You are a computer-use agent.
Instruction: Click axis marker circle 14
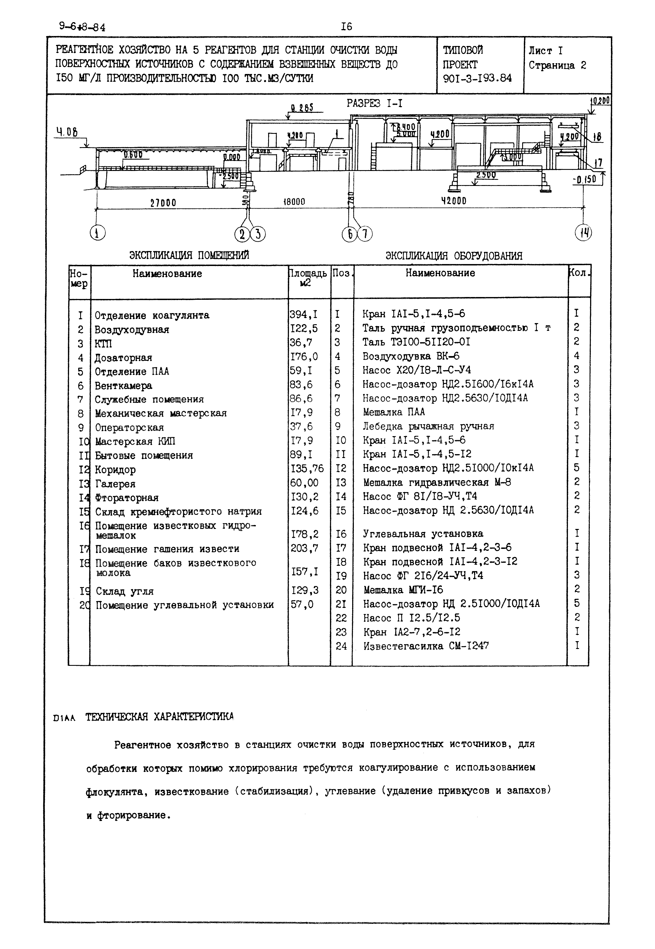(583, 233)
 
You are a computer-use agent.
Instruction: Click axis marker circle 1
(97, 233)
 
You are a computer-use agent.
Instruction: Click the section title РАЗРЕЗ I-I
(374, 103)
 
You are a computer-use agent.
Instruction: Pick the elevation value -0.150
(584, 179)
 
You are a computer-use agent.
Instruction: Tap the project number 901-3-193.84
(477, 78)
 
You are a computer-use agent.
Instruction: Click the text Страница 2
(557, 65)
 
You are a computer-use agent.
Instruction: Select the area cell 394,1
(303, 314)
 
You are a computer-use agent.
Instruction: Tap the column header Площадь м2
(308, 278)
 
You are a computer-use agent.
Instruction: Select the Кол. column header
(579, 273)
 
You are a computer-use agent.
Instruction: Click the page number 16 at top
(346, 27)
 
